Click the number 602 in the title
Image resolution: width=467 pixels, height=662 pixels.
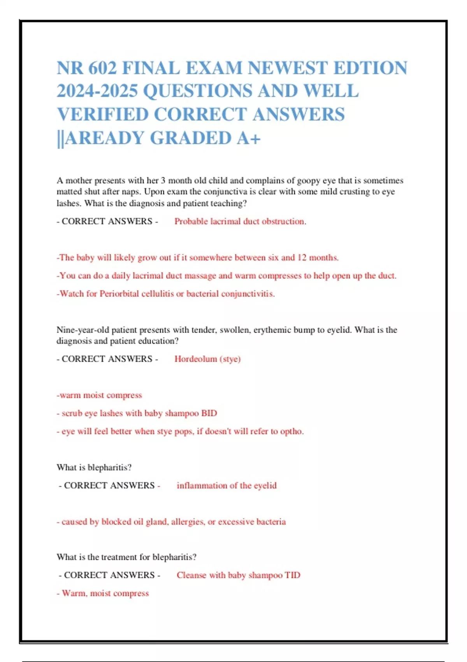point(102,68)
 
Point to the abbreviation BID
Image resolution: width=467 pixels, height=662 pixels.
point(209,413)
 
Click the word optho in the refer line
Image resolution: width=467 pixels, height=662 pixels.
point(291,431)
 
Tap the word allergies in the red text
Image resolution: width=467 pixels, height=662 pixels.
point(188,521)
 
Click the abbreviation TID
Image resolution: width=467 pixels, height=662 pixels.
point(292,575)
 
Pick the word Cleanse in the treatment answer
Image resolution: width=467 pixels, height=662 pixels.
point(191,575)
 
